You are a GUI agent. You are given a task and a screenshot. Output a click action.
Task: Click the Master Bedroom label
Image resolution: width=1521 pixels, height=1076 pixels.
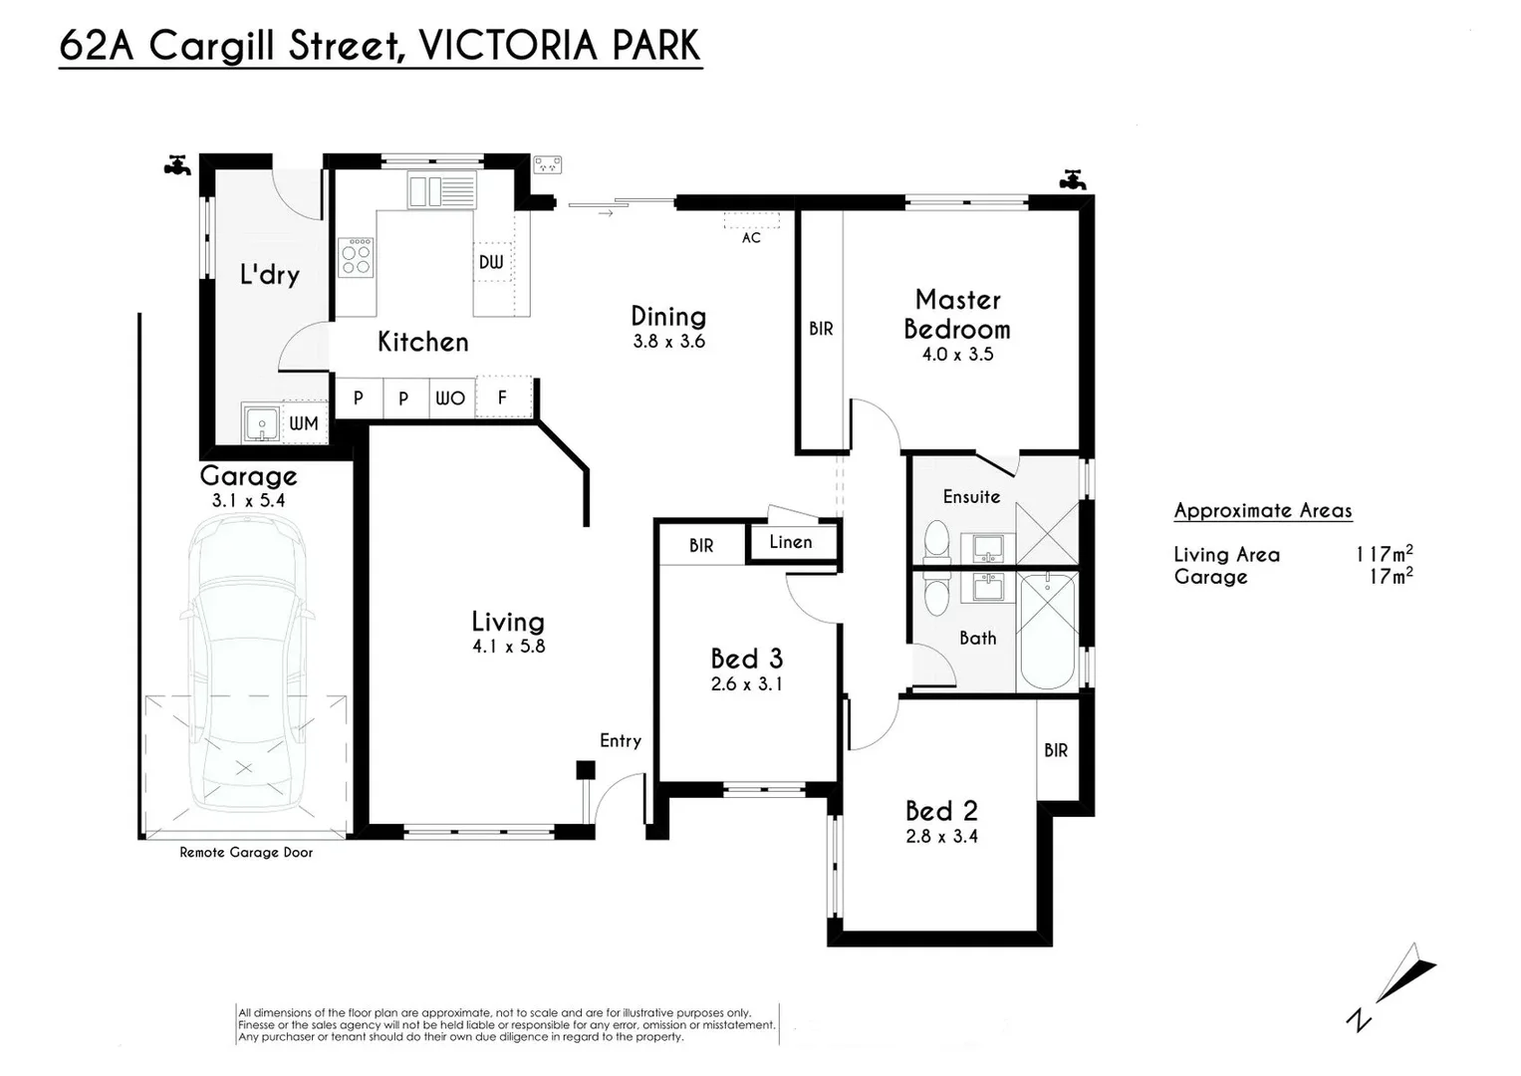(x=957, y=315)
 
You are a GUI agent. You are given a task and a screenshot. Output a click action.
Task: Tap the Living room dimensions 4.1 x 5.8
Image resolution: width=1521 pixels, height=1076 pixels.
(x=509, y=646)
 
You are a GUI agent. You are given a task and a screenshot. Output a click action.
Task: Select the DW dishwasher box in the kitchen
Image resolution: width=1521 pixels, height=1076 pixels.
(x=492, y=262)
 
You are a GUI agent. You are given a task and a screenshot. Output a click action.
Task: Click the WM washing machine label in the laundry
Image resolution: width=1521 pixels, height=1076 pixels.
(x=304, y=423)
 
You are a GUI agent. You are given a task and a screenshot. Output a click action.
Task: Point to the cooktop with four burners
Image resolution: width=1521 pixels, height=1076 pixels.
(x=356, y=257)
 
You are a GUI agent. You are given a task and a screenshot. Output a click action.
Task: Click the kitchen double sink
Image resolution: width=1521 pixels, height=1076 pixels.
(x=441, y=189)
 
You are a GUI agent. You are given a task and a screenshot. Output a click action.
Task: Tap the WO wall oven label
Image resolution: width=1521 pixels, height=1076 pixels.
(x=450, y=399)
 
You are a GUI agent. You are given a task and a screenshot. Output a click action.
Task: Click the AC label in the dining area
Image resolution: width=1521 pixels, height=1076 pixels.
(x=751, y=238)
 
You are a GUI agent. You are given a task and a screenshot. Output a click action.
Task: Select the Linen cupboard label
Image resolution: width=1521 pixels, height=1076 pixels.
(x=791, y=542)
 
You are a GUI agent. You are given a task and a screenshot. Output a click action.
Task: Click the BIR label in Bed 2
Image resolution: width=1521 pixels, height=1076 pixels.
(x=1056, y=750)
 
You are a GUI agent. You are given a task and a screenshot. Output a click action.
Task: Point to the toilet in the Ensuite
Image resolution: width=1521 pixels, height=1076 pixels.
(x=937, y=541)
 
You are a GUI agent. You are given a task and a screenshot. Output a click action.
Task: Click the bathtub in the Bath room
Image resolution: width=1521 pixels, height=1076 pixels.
(x=1048, y=631)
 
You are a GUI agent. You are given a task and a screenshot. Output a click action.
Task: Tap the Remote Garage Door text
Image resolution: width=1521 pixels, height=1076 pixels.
(x=246, y=853)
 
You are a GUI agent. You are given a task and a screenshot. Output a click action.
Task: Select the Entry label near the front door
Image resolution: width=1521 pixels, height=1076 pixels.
(x=621, y=741)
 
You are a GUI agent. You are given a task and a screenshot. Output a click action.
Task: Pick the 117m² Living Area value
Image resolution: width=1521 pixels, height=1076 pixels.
(x=1385, y=554)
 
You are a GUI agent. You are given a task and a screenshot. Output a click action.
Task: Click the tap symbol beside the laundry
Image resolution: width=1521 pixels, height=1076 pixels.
(x=178, y=165)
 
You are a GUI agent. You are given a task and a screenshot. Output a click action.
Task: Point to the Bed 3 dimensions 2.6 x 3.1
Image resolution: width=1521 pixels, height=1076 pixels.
(x=747, y=684)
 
